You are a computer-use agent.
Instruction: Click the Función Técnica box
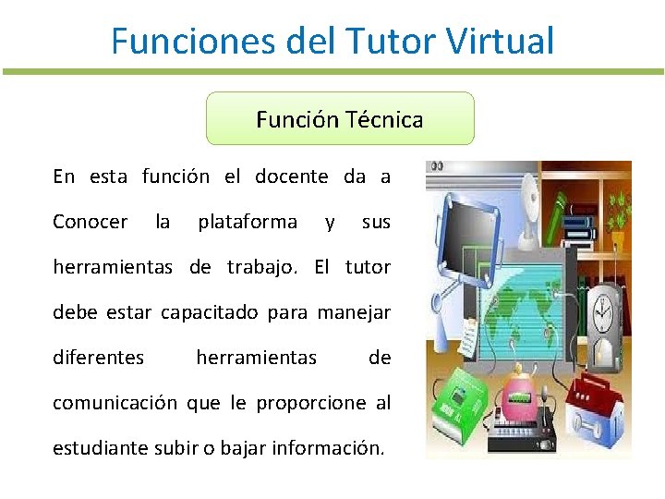pyautogui.click(x=340, y=119)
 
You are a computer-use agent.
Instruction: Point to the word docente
pyautogui.click(x=291, y=176)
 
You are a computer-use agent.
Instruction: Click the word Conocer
pyautogui.click(x=91, y=222)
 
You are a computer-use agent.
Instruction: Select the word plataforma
pyautogui.click(x=248, y=222)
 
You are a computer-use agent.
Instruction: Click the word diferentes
pyautogui.click(x=99, y=358)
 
